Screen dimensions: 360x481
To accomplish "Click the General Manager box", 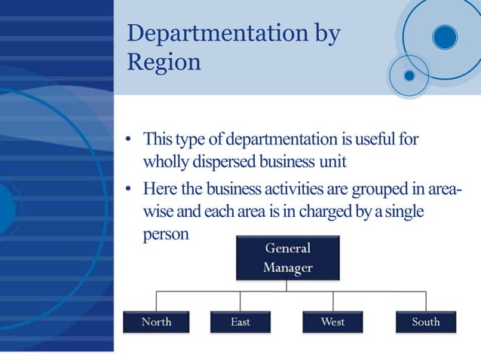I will (x=286, y=258).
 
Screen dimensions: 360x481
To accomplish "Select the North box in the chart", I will (x=156, y=322).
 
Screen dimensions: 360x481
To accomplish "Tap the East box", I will (x=240, y=322).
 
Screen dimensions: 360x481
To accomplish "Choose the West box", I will (x=332, y=322).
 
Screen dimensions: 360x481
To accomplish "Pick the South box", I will (x=426, y=322).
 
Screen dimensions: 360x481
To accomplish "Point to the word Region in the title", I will (x=164, y=62).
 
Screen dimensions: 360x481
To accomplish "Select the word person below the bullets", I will (x=166, y=234).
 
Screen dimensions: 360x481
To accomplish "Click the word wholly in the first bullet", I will (x=165, y=163).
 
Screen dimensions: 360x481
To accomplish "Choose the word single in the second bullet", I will (x=403, y=212).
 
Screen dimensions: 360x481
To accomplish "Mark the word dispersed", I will (x=223, y=163).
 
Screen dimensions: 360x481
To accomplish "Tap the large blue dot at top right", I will (x=445, y=37).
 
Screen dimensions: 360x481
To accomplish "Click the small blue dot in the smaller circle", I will (x=409, y=75).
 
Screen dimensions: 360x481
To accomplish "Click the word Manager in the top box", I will (x=287, y=267).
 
